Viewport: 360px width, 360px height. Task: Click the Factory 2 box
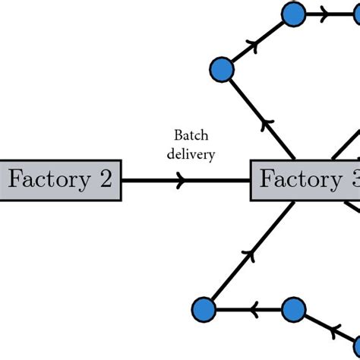[60, 180]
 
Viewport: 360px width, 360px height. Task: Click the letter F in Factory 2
[14, 179]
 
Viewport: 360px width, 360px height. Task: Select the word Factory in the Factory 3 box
[291, 180]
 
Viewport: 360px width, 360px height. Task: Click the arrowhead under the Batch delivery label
[180, 181]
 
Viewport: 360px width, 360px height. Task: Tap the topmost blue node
[293, 14]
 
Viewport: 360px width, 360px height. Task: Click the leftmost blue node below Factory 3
[204, 310]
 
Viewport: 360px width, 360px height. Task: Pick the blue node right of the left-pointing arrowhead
[293, 310]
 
